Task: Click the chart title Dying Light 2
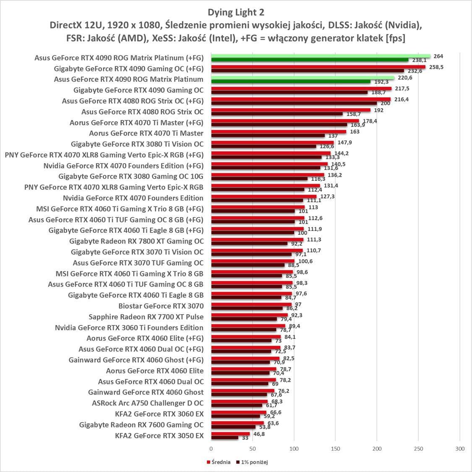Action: (x=236, y=12)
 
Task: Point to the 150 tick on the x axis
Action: (x=335, y=449)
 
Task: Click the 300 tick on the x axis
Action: (x=460, y=449)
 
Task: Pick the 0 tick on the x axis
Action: (x=211, y=449)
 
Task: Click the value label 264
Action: (x=438, y=56)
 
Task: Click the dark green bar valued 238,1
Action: (x=310, y=60)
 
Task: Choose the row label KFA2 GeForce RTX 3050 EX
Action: (x=159, y=435)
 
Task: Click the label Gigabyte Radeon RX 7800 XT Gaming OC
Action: (x=136, y=241)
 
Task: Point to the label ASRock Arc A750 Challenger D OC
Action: (x=148, y=403)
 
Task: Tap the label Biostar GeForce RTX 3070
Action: (x=161, y=306)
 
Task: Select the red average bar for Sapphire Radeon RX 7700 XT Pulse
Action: (x=249, y=315)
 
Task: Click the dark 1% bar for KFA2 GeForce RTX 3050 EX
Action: (x=224, y=438)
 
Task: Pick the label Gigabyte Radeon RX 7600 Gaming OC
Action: (x=141, y=425)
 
